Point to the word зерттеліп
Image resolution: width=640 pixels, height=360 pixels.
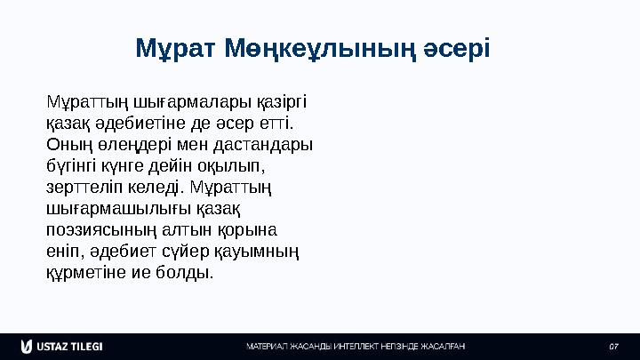(x=80, y=187)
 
